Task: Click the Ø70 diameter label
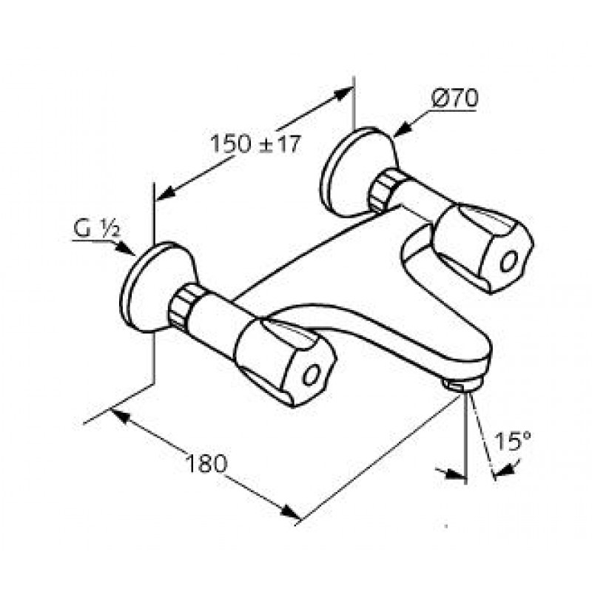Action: [454, 98]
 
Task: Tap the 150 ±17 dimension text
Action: [255, 144]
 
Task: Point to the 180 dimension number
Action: [206, 463]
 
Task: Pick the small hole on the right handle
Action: [508, 261]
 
